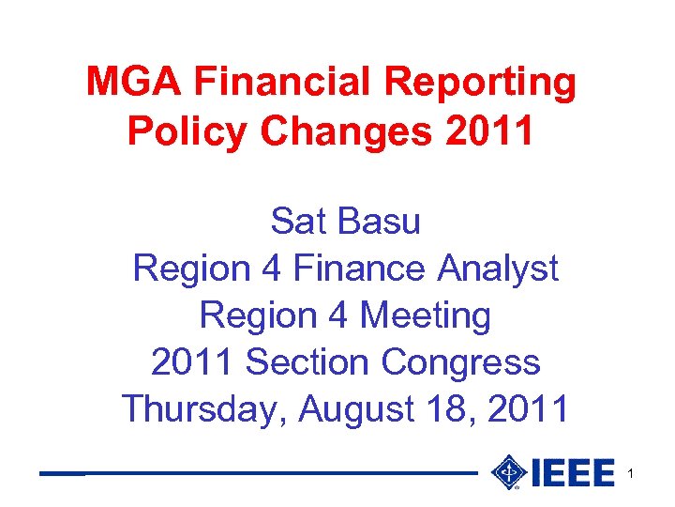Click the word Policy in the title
click(x=187, y=132)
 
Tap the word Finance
click(x=360, y=269)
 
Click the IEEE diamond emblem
click(x=508, y=472)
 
